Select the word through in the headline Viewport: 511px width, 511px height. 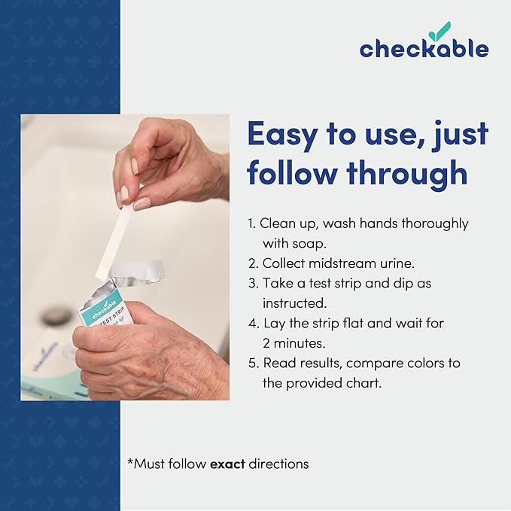click(407, 173)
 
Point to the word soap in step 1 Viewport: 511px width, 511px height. click(310, 244)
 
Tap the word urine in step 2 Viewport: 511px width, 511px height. click(397, 263)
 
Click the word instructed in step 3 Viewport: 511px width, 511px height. click(294, 303)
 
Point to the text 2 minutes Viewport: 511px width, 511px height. click(294, 343)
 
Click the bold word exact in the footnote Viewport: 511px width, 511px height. click(227, 464)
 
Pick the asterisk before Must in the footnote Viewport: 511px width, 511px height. click(130, 461)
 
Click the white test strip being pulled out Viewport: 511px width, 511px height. click(113, 240)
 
